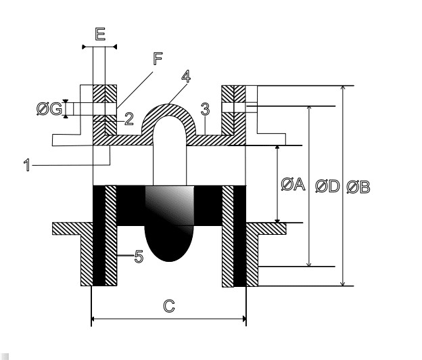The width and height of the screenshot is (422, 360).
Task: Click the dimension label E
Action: coord(100,35)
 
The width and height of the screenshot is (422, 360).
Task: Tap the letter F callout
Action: coord(158,59)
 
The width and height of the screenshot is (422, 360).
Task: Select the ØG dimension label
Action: coord(49,109)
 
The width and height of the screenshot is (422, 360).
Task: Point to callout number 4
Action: coord(186,76)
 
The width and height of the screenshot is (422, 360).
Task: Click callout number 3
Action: coord(205,110)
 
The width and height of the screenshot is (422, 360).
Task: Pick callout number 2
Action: coord(129,119)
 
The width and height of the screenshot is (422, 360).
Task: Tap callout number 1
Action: coord(26,165)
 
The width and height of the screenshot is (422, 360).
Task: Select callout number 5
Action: coord(139,256)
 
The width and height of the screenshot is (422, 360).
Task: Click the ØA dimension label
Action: coord(293,185)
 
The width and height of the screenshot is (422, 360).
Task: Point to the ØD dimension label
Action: coord(327,186)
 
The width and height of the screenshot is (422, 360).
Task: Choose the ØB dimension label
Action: coord(358,187)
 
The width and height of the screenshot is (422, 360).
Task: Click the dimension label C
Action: coord(169,307)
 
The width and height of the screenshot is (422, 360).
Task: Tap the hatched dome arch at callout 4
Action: coord(169,110)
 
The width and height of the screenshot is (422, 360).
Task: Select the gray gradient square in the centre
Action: coord(170,206)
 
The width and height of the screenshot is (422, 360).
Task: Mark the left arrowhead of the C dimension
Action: coord(93,319)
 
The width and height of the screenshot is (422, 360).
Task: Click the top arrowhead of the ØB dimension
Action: coord(343,88)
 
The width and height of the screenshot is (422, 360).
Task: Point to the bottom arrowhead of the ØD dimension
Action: coord(309,265)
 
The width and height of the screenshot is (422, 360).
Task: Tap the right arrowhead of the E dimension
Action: coord(115,47)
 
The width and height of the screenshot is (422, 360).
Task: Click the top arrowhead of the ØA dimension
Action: coord(277,148)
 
